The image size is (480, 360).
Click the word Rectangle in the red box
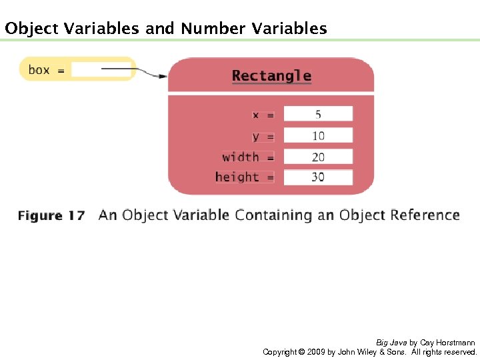[x=271, y=76]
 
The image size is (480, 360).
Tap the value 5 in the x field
[x=318, y=114]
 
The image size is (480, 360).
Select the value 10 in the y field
[x=318, y=136]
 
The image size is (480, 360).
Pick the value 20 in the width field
[x=318, y=157]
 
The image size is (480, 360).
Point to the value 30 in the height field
[x=318, y=177]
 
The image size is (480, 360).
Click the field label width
[x=241, y=157]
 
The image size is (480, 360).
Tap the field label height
[x=237, y=177]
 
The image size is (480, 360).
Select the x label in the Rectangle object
[x=256, y=115]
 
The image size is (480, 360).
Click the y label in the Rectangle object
[x=256, y=137]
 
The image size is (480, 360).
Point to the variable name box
[x=39, y=69]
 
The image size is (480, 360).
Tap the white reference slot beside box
[x=100, y=69]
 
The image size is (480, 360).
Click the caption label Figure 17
[x=51, y=215]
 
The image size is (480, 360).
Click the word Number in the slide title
[x=213, y=29]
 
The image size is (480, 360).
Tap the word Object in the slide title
[x=31, y=29]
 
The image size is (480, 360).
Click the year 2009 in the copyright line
[x=315, y=351]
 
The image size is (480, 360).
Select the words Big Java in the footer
[x=391, y=342]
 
